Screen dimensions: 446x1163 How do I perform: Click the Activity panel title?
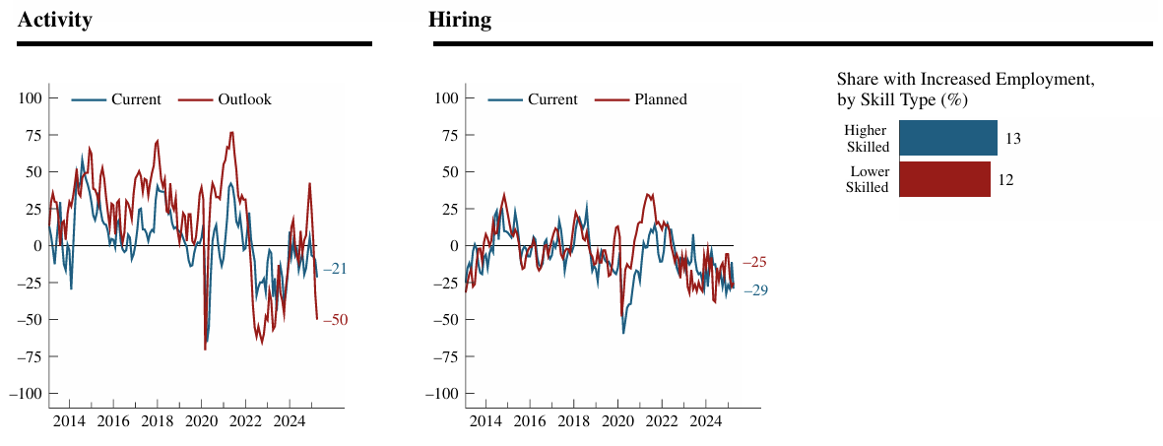[x=55, y=20]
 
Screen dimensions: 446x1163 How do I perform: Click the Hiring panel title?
[x=460, y=20]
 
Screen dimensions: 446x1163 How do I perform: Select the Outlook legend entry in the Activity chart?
[x=244, y=99]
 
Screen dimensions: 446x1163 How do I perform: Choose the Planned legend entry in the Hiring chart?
[x=661, y=99]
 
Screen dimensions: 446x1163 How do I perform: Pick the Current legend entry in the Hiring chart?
[x=552, y=99]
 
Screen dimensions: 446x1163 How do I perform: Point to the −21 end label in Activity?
[x=335, y=269]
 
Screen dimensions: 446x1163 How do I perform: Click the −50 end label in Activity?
[x=335, y=320]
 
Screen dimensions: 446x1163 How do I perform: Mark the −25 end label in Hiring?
[x=754, y=262]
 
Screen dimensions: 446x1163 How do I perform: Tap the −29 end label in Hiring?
[x=755, y=290]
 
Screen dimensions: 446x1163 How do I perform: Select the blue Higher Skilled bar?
[x=947, y=139]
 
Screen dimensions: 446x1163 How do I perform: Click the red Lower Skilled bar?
[x=943, y=179]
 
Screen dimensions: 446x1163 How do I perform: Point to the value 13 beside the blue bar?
[x=1012, y=139]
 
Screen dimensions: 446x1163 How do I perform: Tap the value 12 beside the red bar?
[x=1005, y=179]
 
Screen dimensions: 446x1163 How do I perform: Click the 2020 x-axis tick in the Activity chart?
[x=201, y=422]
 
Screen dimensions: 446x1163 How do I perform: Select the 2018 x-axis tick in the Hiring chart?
[x=574, y=422]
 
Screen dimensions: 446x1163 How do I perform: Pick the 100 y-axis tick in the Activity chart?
[x=32, y=98]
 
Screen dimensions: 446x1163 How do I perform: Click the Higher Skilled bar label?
[x=867, y=139]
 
